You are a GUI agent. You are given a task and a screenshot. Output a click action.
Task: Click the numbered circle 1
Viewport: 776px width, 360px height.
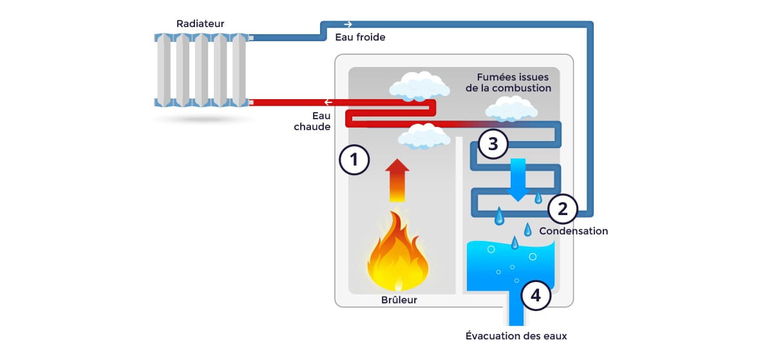pos(354,160)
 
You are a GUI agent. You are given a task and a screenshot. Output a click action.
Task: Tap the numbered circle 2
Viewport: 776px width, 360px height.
pos(562,208)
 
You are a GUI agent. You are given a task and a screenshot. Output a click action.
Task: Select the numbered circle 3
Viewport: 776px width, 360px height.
pos(493,144)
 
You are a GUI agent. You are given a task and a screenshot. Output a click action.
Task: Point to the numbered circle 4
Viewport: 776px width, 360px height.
pos(535,296)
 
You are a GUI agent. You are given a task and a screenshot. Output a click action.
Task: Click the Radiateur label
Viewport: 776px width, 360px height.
pos(200,24)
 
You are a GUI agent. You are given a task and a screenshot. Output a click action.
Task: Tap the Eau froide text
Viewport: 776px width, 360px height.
pos(360,37)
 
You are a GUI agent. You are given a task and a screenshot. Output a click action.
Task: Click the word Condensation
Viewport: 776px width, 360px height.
pos(573,231)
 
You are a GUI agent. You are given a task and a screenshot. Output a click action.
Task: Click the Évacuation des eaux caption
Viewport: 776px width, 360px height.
pos(516,336)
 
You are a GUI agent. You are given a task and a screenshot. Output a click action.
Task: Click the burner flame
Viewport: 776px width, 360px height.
pos(398,255)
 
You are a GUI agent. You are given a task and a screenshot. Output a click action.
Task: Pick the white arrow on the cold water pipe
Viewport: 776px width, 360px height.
pos(348,24)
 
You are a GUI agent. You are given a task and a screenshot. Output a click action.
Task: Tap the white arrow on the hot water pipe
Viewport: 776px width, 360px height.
pos(328,102)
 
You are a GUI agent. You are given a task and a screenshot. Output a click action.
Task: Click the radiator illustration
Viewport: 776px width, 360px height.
pos(202,71)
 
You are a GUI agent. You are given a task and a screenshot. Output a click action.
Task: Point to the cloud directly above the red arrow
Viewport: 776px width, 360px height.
pos(423,137)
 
